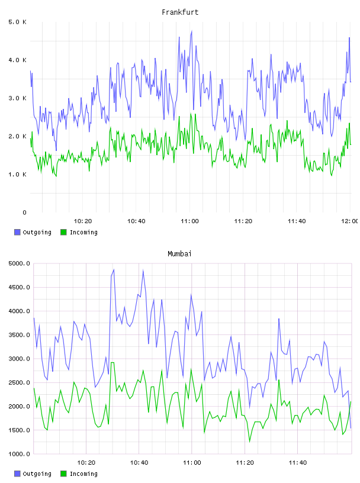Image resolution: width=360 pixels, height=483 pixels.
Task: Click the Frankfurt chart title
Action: click(x=180, y=12)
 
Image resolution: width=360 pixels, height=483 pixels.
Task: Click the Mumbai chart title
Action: click(x=179, y=254)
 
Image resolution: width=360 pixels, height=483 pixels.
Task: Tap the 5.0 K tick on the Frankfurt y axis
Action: click(x=18, y=22)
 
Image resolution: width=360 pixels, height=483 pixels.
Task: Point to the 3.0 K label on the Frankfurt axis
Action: click(x=18, y=98)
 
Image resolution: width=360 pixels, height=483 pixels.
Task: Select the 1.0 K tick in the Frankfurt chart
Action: click(x=18, y=175)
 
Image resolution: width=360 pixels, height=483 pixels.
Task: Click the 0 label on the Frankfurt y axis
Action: click(x=25, y=212)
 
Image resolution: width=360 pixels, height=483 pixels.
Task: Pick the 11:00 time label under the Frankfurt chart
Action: click(x=189, y=221)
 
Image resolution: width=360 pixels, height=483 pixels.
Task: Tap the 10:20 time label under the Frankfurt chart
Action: click(x=83, y=221)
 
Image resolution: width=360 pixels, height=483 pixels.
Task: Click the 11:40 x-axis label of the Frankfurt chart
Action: click(x=297, y=221)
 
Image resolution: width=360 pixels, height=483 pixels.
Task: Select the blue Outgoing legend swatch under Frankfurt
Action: click(x=17, y=232)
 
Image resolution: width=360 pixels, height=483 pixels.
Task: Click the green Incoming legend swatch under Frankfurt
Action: click(x=63, y=232)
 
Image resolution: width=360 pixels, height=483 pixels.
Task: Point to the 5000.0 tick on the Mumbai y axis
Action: click(x=20, y=263)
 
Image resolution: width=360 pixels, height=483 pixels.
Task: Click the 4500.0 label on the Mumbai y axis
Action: click(x=20, y=288)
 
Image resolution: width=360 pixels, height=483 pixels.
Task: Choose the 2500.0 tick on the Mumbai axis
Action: click(x=20, y=382)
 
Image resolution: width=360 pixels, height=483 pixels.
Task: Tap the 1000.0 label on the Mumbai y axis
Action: click(x=20, y=454)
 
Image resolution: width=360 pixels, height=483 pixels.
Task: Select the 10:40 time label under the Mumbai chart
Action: click(x=139, y=463)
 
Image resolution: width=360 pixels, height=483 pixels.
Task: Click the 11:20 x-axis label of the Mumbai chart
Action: click(x=245, y=463)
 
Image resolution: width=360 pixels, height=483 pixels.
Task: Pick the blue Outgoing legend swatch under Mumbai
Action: click(x=17, y=474)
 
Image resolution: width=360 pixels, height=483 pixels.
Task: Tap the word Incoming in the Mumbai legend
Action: click(x=83, y=474)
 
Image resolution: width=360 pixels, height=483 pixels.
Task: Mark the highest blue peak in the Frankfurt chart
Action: click(x=192, y=31)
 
